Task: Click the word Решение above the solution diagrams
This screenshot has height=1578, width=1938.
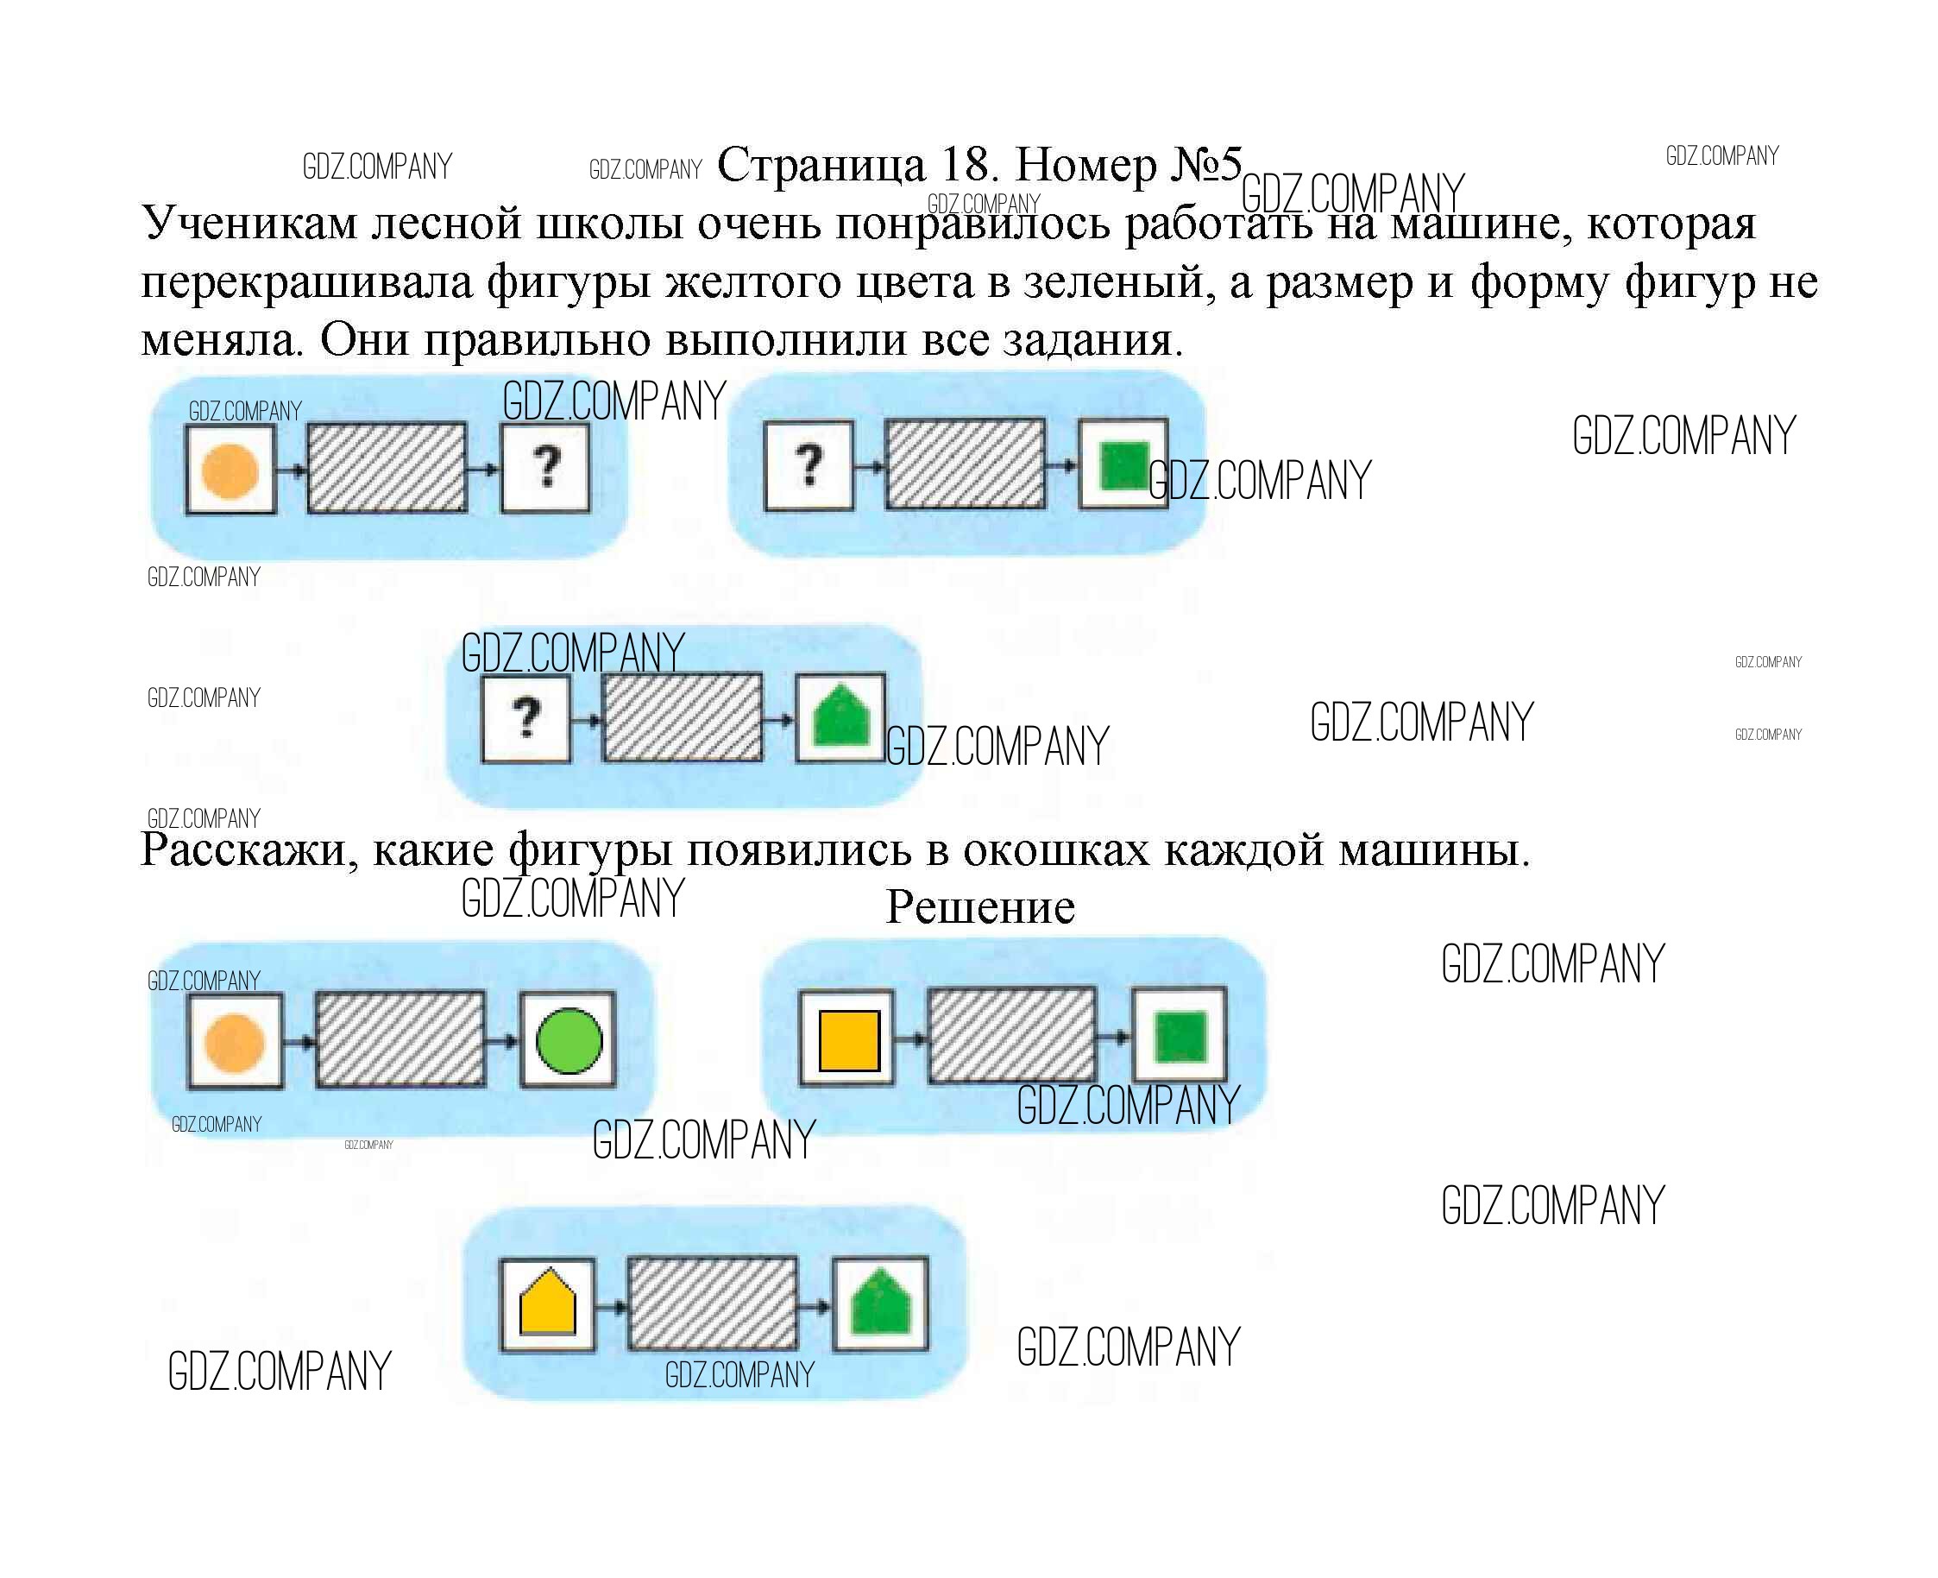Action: pos(979,907)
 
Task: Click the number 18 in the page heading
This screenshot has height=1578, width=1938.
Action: pos(966,165)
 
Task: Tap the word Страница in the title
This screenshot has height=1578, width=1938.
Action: pos(821,165)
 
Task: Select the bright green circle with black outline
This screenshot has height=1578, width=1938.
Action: pos(569,1041)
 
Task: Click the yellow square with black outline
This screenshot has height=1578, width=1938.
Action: pos(848,1041)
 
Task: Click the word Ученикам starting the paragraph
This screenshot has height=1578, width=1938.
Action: pos(250,223)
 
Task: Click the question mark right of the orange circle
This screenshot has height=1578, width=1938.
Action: pos(546,467)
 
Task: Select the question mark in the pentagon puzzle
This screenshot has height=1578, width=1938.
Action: pos(526,718)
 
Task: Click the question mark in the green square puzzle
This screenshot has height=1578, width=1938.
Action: pos(809,464)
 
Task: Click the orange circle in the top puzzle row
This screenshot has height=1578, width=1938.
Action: pos(230,470)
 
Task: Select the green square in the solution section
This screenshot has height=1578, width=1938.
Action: pos(1180,1036)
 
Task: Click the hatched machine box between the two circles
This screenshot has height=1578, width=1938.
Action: pos(400,1039)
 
